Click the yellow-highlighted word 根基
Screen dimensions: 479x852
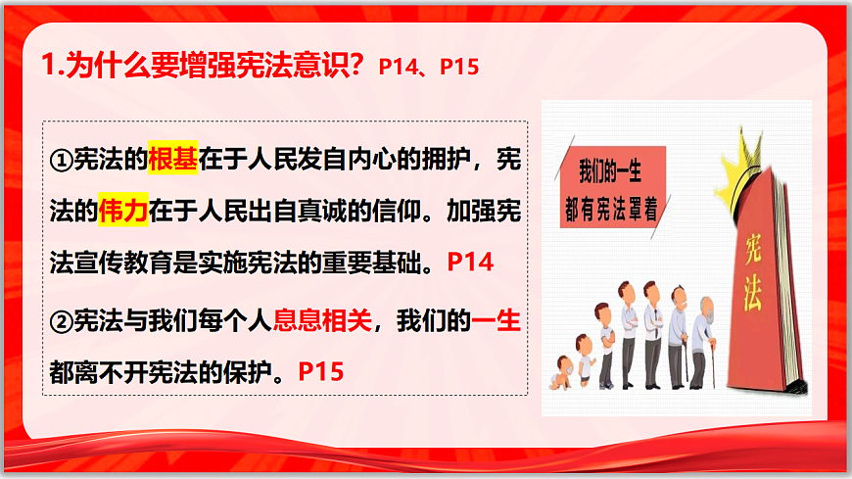coord(173,160)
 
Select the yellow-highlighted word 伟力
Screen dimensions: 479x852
coord(122,211)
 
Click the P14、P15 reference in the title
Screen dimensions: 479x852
coord(428,67)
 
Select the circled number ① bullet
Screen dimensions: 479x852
coord(61,161)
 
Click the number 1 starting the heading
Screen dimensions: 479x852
coord(51,66)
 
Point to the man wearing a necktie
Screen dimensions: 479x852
coord(652,323)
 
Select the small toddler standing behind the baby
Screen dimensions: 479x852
coord(584,359)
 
